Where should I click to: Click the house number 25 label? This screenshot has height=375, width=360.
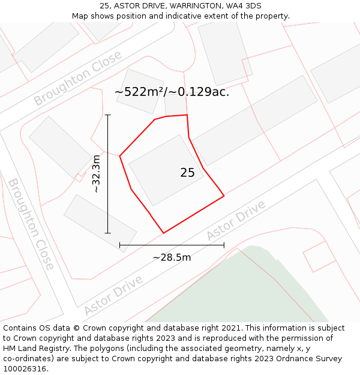[187, 173]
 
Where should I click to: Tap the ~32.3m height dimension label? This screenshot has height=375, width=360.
[96, 173]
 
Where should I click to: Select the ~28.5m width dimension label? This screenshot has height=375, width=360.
[172, 257]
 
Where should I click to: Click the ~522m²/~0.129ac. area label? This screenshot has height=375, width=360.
[172, 92]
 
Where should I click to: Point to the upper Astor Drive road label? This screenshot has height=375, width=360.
[235, 220]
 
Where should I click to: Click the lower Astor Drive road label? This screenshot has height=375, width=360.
[113, 295]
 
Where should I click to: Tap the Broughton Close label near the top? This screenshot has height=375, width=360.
[77, 79]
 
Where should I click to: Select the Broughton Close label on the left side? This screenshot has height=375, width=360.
[31, 223]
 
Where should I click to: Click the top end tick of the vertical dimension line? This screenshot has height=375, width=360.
[108, 115]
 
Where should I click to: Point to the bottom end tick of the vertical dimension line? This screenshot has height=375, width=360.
[108, 233]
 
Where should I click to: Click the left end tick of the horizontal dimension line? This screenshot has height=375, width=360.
[120, 245]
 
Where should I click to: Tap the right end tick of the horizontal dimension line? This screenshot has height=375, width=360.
[224, 245]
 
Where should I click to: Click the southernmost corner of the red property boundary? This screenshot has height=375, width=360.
[163, 233]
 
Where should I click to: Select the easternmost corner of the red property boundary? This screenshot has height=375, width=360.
[224, 195]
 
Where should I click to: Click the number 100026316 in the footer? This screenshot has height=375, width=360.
[25, 369]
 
